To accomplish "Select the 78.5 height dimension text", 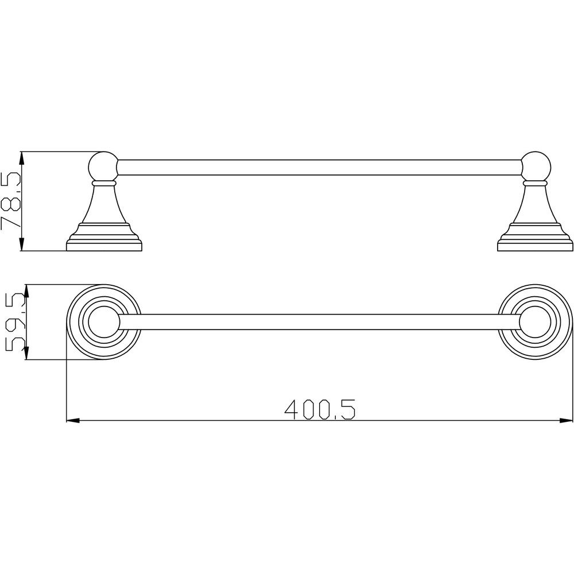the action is (11, 201).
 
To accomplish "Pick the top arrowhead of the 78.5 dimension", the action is (22, 158).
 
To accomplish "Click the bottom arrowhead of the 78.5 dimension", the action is (22, 244).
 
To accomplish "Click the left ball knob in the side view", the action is (104, 166).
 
